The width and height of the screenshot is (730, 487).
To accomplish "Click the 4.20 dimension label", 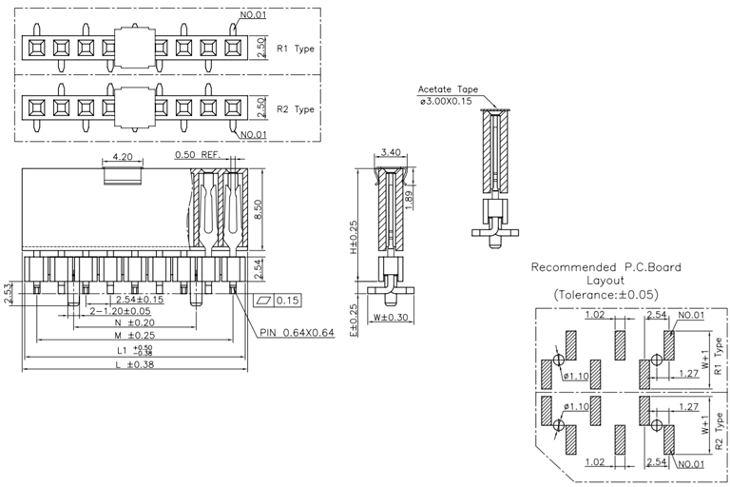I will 122,156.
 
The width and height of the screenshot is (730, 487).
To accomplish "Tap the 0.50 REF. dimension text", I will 196,155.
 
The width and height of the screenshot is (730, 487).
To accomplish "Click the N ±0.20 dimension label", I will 134,323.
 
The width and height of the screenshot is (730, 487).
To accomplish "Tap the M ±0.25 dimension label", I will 134,336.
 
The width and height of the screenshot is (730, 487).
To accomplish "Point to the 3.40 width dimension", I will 390,152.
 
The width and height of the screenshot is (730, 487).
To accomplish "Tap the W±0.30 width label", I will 390,317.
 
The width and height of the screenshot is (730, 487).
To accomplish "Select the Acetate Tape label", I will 447,90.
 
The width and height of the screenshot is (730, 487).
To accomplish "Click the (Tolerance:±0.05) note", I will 605,296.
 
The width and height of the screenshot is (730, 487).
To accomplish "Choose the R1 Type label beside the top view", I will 295,48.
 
